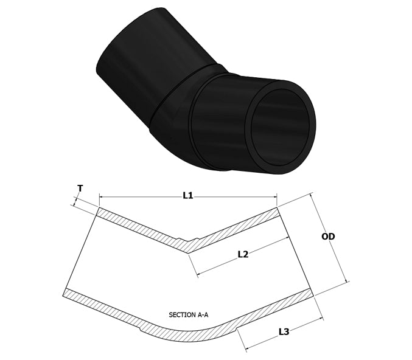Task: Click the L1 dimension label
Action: (x=188, y=195)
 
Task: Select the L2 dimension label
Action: (x=242, y=255)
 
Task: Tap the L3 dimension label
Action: (x=284, y=332)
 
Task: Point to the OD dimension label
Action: (x=328, y=237)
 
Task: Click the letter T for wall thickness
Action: (x=80, y=189)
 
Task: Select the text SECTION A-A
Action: (x=188, y=315)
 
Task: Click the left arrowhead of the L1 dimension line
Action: (x=101, y=196)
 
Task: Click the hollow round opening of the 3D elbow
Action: (x=283, y=128)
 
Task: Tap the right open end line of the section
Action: (x=296, y=252)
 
